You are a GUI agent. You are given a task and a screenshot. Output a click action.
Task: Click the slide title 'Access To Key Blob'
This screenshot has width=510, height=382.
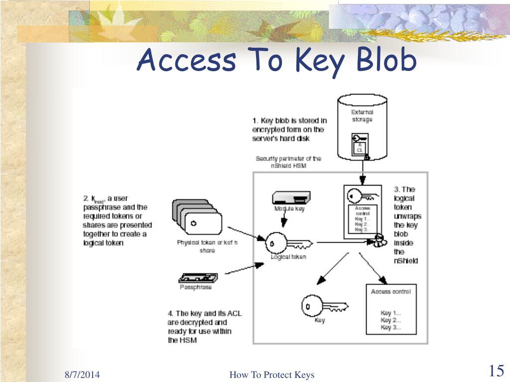(x=276, y=61)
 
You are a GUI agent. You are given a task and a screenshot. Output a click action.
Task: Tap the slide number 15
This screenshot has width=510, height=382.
(x=496, y=371)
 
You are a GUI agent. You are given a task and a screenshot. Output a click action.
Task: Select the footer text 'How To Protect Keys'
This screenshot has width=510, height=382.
(x=272, y=375)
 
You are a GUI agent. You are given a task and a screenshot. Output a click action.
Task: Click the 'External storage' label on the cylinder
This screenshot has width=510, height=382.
(x=362, y=116)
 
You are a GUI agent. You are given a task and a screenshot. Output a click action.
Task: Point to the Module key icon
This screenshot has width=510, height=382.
(x=291, y=197)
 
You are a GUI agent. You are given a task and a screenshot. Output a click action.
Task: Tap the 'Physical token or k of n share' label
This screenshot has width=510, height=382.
(x=207, y=246)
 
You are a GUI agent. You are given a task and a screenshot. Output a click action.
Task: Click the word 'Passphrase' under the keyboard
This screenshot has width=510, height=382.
(x=196, y=287)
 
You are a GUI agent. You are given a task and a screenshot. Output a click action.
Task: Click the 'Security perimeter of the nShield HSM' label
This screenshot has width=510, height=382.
(x=289, y=162)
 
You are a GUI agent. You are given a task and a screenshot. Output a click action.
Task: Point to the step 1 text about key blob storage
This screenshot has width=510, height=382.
(x=289, y=129)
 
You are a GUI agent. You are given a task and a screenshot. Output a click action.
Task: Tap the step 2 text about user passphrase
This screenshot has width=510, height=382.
(x=117, y=220)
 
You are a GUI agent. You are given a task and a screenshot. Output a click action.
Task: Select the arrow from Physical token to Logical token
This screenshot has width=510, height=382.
(x=244, y=233)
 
